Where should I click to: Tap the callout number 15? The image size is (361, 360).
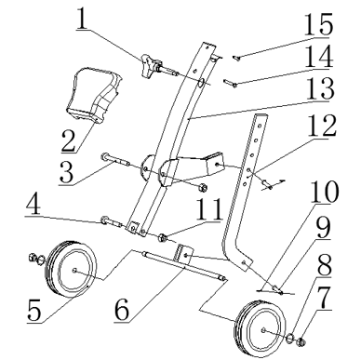tap(318, 24)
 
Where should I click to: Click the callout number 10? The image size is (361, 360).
tap(324, 193)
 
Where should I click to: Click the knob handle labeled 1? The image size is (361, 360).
tap(150, 65)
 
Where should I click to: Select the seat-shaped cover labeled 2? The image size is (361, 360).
tap(93, 95)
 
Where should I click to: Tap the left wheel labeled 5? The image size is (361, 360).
tap(71, 268)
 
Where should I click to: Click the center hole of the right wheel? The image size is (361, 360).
tap(263, 329)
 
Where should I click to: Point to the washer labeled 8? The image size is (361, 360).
tap(288, 338)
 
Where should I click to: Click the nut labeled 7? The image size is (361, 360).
tap(301, 342)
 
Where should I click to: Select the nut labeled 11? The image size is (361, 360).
tap(162, 238)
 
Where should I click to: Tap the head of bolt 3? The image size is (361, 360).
tap(104, 156)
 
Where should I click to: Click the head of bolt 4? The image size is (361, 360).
tap(104, 220)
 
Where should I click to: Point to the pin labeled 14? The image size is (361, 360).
tap(230, 83)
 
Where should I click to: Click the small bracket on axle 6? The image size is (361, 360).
tap(183, 253)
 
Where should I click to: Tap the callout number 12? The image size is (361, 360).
tap(322, 126)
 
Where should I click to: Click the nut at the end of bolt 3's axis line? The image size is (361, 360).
tap(203, 187)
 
